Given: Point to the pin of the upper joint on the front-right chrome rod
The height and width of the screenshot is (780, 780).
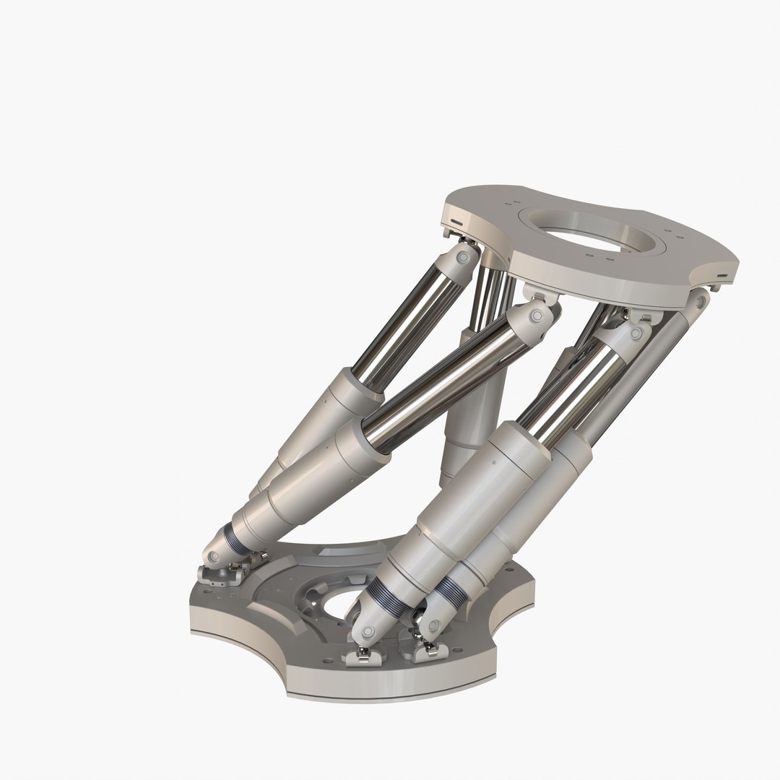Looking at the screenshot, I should [636, 333].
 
